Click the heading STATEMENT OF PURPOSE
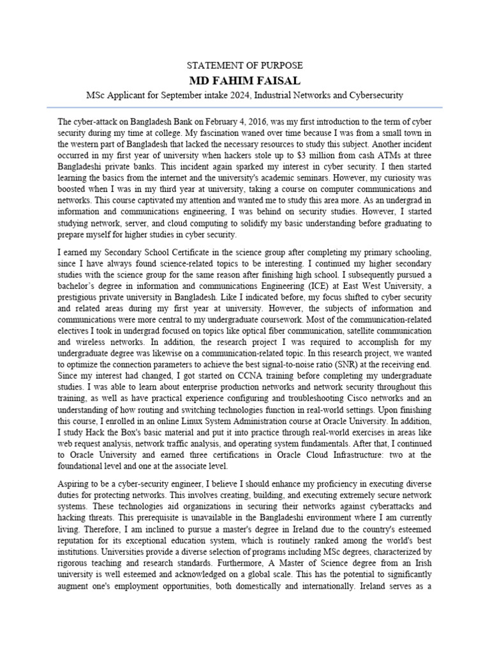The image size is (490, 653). coord(244,66)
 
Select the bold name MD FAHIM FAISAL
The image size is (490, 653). coord(244,80)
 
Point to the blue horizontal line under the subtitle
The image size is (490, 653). coord(244,107)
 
